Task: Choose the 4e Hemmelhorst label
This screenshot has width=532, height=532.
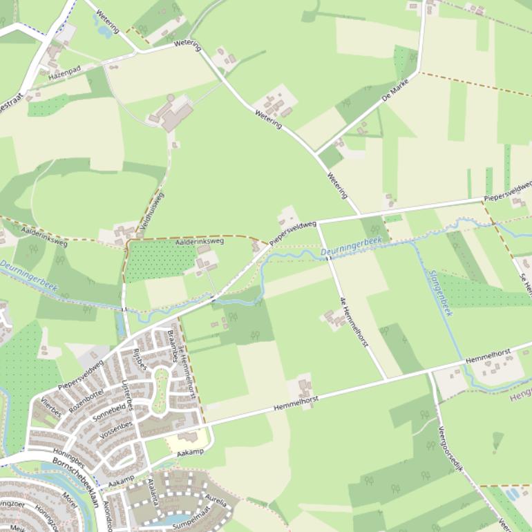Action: (354, 321)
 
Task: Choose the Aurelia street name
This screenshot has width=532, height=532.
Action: (215, 497)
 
